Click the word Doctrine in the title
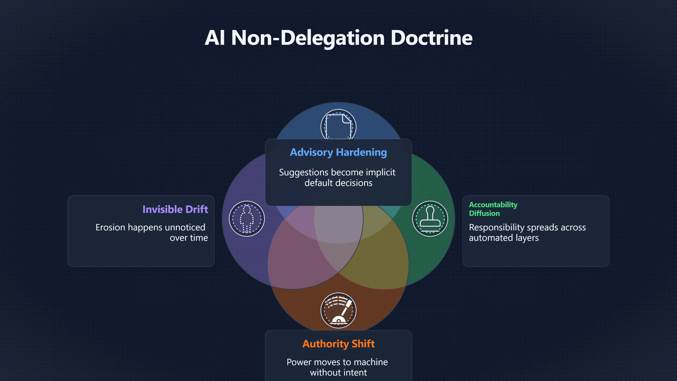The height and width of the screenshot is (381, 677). [432, 38]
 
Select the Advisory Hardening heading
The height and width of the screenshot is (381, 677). [338, 152]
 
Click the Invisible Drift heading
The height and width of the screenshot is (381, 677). [175, 209]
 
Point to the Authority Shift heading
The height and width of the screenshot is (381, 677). [338, 344]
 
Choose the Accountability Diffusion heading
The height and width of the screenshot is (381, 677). [493, 209]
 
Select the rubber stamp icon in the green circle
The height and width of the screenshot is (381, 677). [430, 219]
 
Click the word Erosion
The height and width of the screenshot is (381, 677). [110, 227]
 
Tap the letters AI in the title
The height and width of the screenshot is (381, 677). [215, 38]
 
